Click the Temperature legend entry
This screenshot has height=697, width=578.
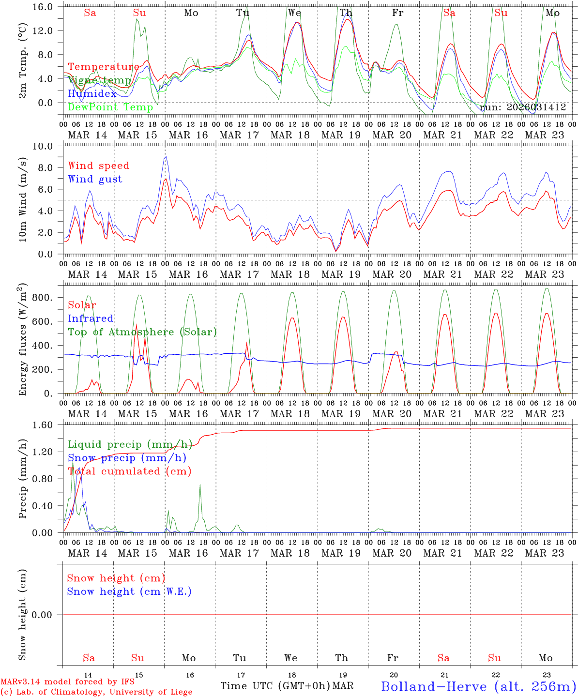pyautogui.click(x=104, y=67)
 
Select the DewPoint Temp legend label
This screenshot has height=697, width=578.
pyautogui.click(x=110, y=107)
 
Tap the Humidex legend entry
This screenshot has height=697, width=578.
pyautogui.click(x=92, y=93)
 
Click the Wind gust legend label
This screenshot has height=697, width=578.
pyautogui.click(x=95, y=179)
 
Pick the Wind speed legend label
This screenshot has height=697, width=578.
pyautogui.click(x=98, y=166)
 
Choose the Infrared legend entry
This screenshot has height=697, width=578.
pyautogui.click(x=91, y=318)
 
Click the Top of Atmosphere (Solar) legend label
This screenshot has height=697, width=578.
pyautogui.click(x=142, y=332)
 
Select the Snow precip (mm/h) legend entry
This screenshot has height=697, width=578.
pyautogui.click(x=127, y=458)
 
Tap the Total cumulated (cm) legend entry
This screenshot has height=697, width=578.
pyautogui.click(x=129, y=471)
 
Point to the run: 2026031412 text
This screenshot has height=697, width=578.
pyautogui.click(x=522, y=107)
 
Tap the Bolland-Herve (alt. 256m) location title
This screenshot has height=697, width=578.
pyautogui.click(x=478, y=686)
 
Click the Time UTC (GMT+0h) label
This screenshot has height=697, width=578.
pyautogui.click(x=275, y=686)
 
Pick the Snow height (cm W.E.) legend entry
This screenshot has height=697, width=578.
pyautogui.click(x=129, y=591)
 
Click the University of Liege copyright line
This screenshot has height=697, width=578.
pyautogui.click(x=96, y=692)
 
